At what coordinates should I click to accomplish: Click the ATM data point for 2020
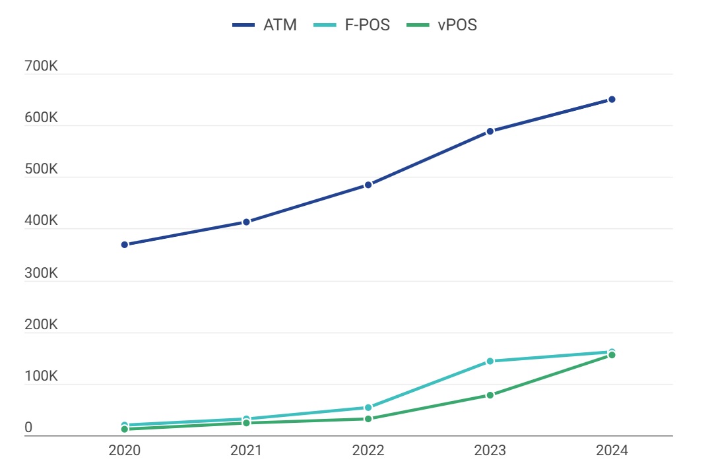(x=124, y=245)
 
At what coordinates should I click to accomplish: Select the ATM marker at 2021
(x=246, y=222)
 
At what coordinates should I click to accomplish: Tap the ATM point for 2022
(x=368, y=185)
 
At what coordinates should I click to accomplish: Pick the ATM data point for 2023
(x=490, y=131)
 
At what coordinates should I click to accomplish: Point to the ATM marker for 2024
(x=612, y=100)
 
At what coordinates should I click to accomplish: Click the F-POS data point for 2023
(x=490, y=361)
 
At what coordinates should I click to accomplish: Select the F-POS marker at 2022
(x=368, y=408)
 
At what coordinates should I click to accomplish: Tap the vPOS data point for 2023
(x=490, y=395)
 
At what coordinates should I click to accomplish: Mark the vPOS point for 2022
(x=368, y=419)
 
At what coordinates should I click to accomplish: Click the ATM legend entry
(x=265, y=26)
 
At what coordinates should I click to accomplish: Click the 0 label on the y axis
(x=28, y=428)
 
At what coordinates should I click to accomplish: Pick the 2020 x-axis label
(x=124, y=451)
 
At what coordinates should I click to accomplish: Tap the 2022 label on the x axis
(x=368, y=451)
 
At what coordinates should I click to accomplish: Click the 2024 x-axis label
(x=612, y=451)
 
